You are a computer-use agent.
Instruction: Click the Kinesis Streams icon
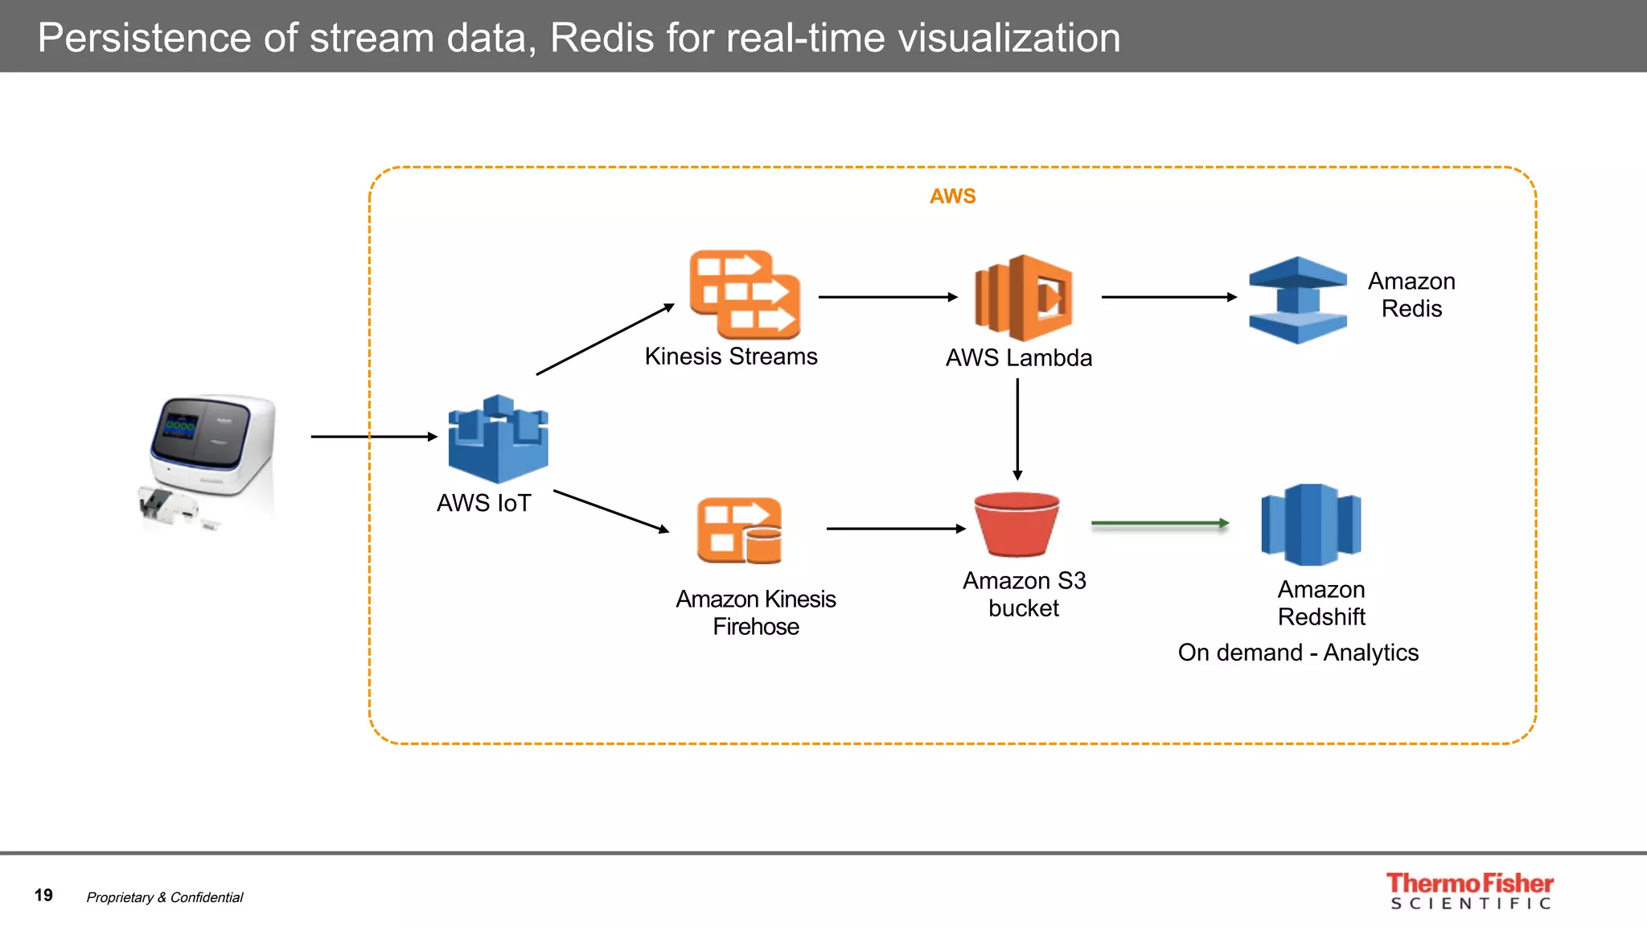point(745,295)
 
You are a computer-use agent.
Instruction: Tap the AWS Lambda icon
point(1023,298)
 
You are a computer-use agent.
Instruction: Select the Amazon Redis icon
point(1297,300)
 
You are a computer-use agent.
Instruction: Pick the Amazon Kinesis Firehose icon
point(739,530)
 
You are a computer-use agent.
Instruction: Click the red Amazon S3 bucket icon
point(1017,525)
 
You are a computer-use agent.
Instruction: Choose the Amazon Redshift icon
point(1311,525)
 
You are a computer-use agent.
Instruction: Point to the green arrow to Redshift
point(1159,524)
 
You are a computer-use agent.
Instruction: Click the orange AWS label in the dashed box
point(952,196)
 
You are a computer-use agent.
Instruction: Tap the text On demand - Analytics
point(1298,653)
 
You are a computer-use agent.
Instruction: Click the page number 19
point(43,896)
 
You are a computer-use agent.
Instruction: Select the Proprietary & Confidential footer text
point(165,897)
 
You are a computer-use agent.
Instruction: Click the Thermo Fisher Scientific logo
point(1469,891)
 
